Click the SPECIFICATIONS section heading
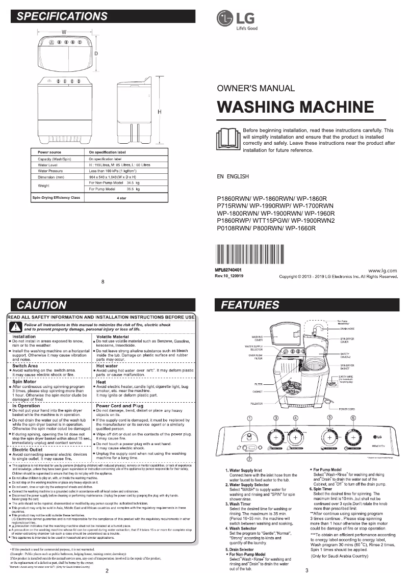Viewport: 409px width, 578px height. [x=62, y=16]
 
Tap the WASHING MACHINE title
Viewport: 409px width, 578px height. [x=295, y=107]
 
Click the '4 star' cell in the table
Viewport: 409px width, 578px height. [x=121, y=197]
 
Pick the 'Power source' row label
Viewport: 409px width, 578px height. [x=49, y=152]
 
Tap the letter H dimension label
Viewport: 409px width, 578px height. [x=159, y=112]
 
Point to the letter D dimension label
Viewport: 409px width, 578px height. [x=95, y=54]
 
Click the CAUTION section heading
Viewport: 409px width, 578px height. [x=42, y=305]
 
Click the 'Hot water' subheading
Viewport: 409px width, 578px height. [x=107, y=365]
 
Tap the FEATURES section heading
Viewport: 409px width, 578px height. [x=250, y=305]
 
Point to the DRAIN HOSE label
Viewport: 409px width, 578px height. [x=348, y=329]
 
